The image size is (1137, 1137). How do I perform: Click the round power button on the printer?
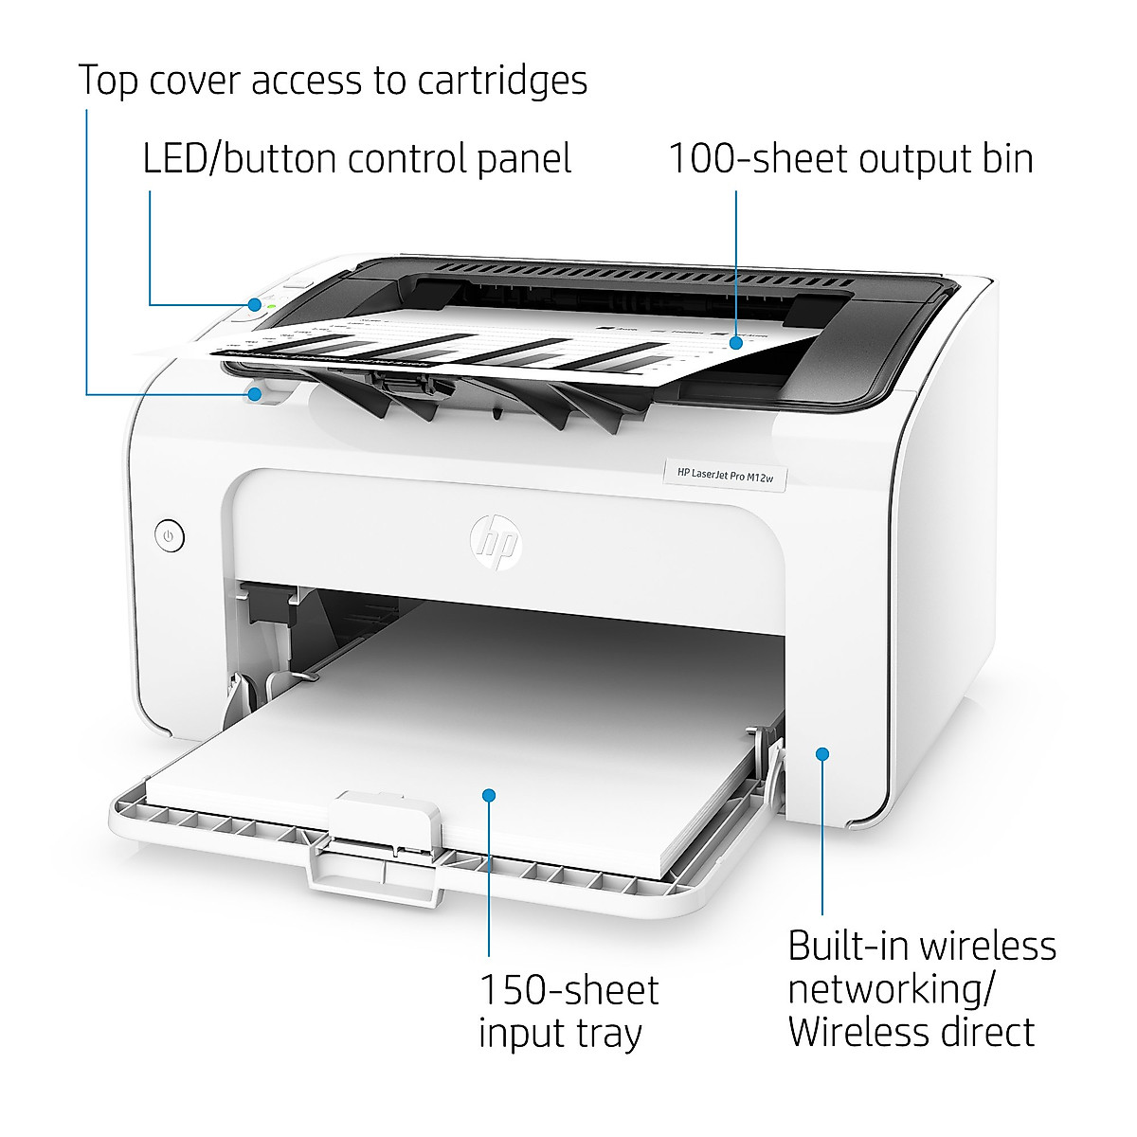169,537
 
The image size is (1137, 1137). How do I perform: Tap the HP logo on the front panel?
496,542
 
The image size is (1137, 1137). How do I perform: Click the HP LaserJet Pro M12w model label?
726,474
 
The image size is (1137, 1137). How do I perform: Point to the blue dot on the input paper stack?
489,795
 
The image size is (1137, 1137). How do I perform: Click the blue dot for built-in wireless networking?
822,753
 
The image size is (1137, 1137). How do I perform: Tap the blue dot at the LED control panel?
255,304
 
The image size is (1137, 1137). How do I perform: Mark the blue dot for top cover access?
255,393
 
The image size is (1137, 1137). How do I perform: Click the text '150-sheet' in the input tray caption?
568,991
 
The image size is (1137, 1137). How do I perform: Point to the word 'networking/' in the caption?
892,989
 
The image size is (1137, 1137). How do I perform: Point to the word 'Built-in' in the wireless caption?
848,947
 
